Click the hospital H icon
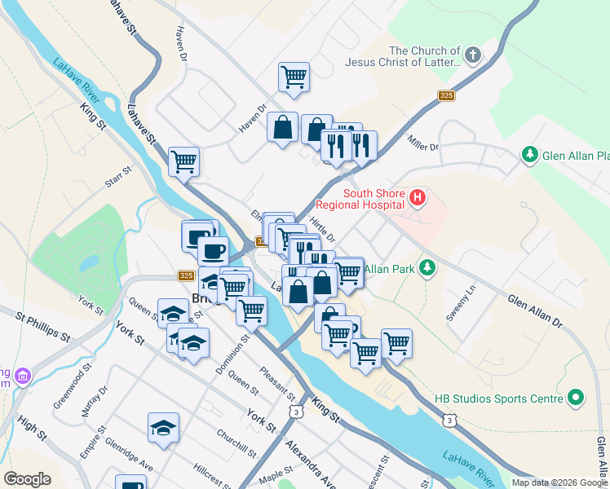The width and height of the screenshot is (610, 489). pos(418,196)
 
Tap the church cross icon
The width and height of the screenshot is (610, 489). pos(473,56)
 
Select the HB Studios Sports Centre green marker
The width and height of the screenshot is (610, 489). pos(577,398)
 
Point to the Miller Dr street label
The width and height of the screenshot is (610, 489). pos(423,146)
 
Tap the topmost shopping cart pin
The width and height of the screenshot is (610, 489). pos(294,77)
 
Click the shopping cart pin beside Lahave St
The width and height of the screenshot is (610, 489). pos(184,161)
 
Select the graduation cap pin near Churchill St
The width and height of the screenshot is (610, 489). pos(164,427)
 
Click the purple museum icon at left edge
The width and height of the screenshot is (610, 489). pos(24,376)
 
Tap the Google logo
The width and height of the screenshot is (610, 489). pos(27,479)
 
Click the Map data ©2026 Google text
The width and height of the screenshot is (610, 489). pos(559,482)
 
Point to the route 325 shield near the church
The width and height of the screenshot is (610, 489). pos(444,95)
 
